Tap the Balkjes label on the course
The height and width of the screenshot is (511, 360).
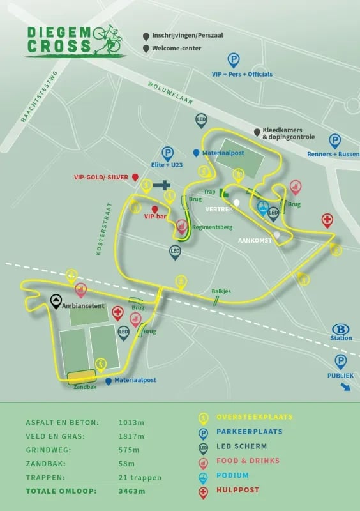coord(221,291)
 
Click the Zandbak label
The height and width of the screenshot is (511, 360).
coord(85,386)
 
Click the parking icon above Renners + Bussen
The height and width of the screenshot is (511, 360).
coord(334,141)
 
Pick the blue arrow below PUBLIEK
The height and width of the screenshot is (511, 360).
coord(344,386)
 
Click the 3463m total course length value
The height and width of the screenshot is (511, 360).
coord(132,491)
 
